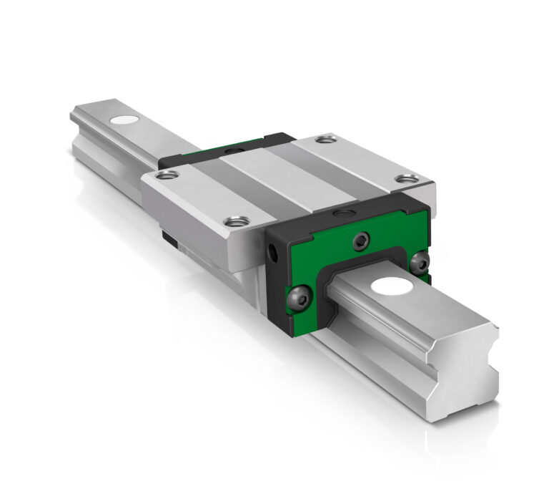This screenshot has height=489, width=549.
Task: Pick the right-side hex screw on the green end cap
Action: tap(422, 261)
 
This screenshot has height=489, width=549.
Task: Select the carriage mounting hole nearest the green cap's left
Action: tap(233, 222)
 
